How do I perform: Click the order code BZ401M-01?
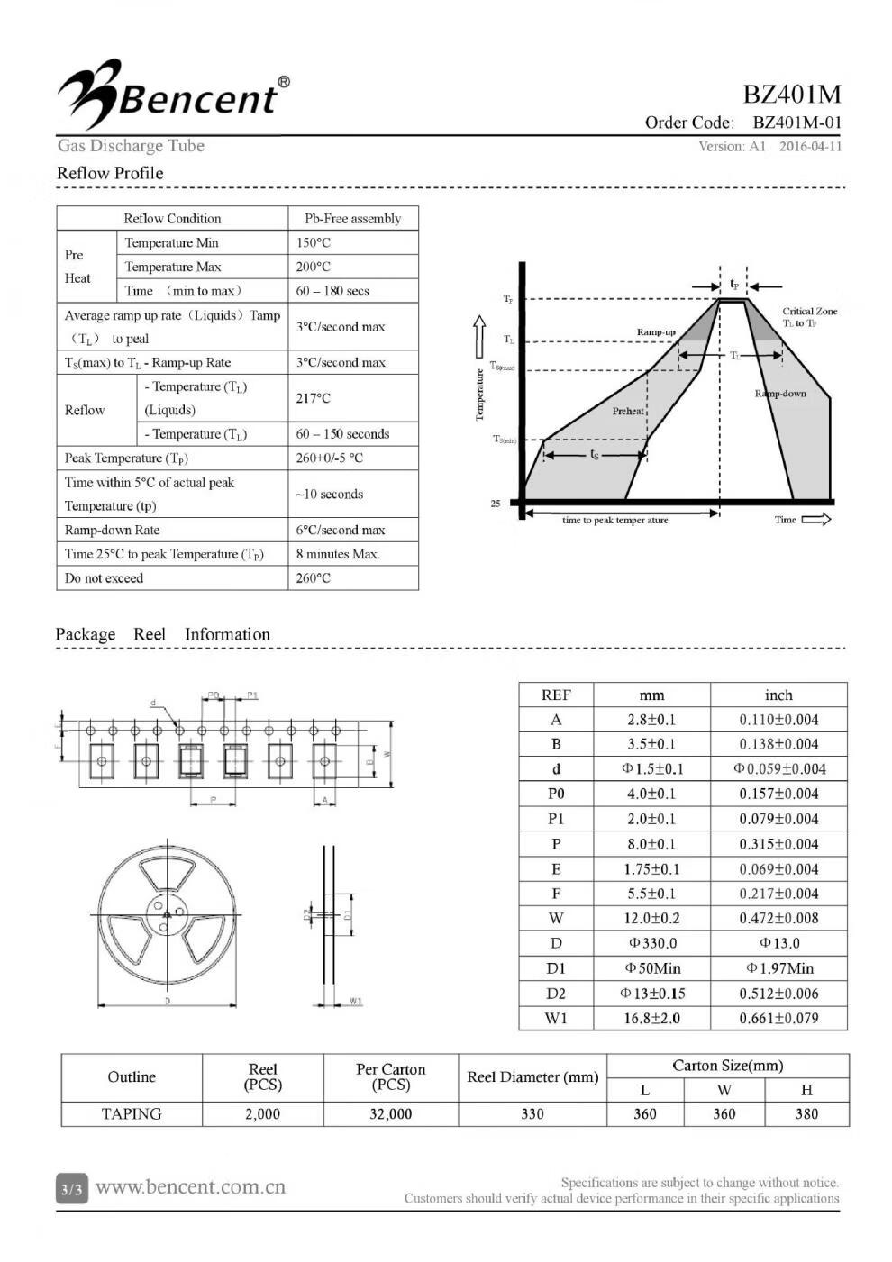796,123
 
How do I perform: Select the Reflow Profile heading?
110,173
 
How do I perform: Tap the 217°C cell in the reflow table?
314,398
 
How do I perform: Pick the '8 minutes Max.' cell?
338,554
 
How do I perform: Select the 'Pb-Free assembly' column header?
352,218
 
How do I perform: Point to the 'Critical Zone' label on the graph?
809,312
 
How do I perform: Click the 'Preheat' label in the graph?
628,411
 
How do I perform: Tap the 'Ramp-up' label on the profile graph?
656,332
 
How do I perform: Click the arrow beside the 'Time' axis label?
816,520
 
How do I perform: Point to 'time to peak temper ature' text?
615,521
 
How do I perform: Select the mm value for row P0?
651,794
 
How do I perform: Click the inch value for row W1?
778,1018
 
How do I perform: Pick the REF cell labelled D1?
556,968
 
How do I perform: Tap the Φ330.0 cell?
651,943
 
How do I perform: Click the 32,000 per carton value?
390,1114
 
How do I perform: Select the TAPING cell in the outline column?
132,1114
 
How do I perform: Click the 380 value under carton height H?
806,1114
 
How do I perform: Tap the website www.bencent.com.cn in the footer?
190,1187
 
